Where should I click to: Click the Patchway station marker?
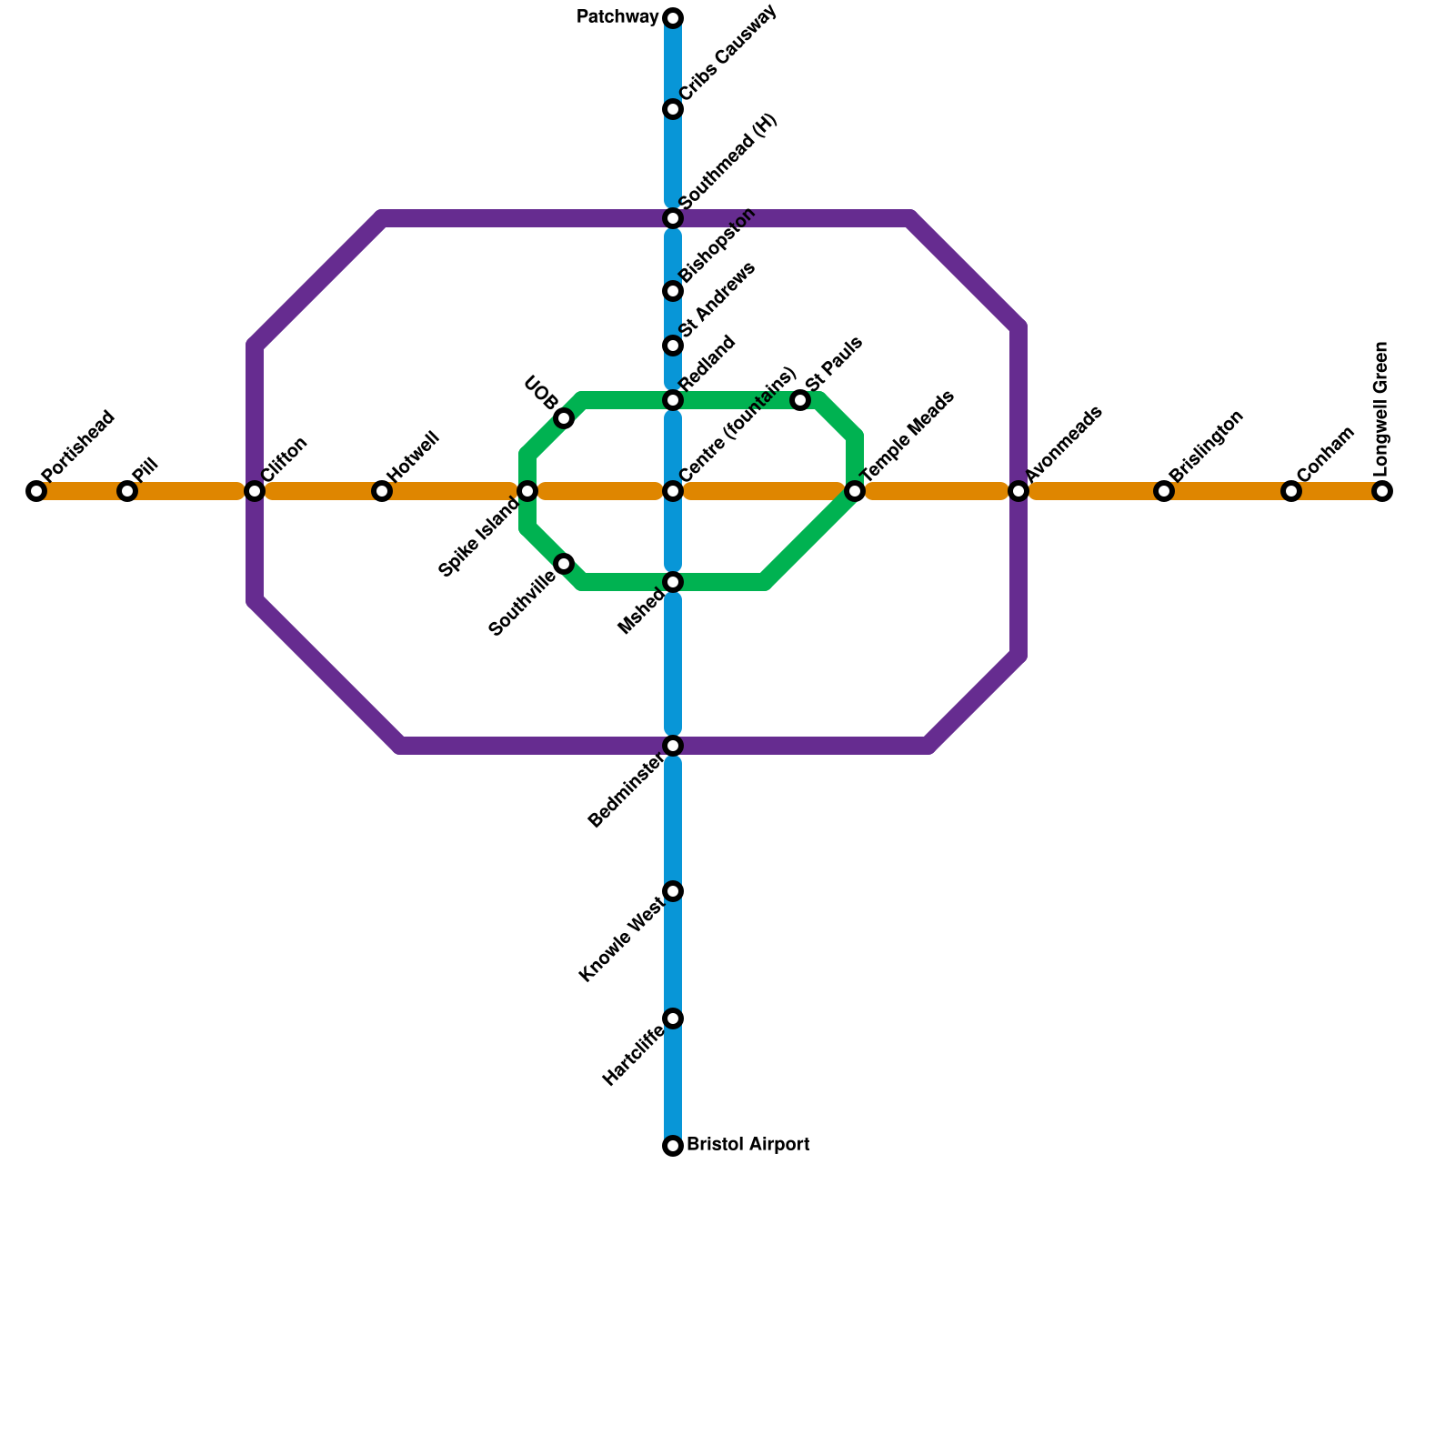pyautogui.click(x=673, y=18)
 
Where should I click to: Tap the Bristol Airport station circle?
pyautogui.click(x=673, y=1146)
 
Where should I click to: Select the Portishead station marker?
pyautogui.click(x=36, y=491)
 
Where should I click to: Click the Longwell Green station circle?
pyautogui.click(x=1382, y=491)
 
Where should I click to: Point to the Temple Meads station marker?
pyautogui.click(x=855, y=491)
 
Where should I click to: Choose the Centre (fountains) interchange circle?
pyautogui.click(x=673, y=491)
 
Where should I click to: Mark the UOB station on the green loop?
pyautogui.click(x=564, y=418)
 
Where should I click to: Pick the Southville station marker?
pyautogui.click(x=564, y=564)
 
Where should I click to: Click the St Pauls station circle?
pyautogui.click(x=800, y=400)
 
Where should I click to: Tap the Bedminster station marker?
pyautogui.click(x=673, y=746)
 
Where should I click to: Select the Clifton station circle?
pyautogui.click(x=255, y=491)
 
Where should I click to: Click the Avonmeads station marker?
pyautogui.click(x=1018, y=491)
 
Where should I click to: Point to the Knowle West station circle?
pyautogui.click(x=673, y=891)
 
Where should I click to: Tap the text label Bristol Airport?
pyautogui.click(x=748, y=1145)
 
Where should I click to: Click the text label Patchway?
pyautogui.click(x=617, y=17)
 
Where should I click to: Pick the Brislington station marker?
pyautogui.click(x=1164, y=491)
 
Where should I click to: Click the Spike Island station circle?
pyautogui.click(x=527, y=491)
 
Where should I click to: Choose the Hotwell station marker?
pyautogui.click(x=382, y=491)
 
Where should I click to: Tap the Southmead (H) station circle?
pyautogui.click(x=673, y=218)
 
